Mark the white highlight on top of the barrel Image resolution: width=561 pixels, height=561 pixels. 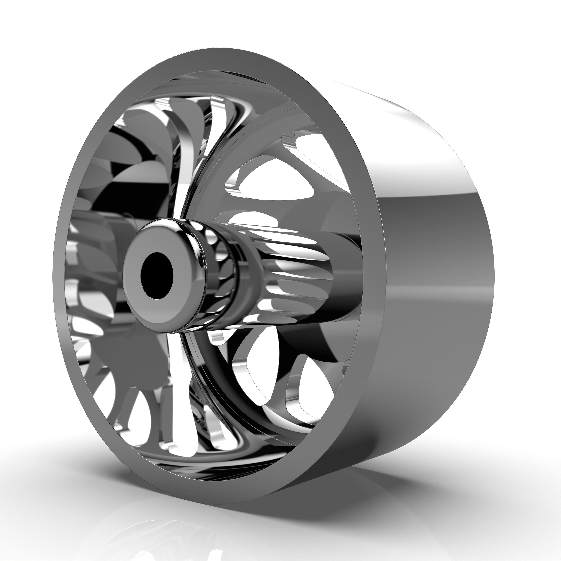point(407,122)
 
